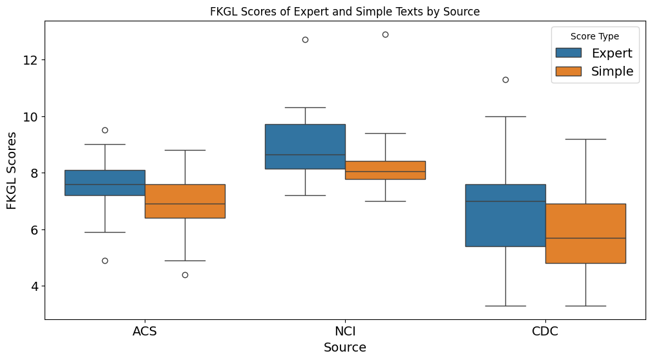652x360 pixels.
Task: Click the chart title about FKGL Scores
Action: point(344,12)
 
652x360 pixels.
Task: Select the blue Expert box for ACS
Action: point(105,183)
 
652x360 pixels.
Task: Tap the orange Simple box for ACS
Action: point(185,201)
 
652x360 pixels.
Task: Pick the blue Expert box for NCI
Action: point(305,147)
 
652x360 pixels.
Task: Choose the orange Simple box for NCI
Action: point(385,170)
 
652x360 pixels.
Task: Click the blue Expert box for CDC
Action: point(505,215)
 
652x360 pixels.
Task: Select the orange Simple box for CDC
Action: point(585,233)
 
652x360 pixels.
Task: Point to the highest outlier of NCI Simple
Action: point(385,34)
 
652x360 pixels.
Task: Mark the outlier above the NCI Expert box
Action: point(305,40)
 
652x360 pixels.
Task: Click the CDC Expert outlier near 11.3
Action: point(505,79)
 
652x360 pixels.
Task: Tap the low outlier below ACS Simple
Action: point(185,275)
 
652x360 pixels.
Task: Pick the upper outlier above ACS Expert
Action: point(105,130)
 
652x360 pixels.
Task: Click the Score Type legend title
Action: point(594,36)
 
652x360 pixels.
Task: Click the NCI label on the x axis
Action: point(345,332)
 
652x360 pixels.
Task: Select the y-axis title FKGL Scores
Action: point(12,171)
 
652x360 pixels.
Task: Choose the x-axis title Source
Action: point(345,348)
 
